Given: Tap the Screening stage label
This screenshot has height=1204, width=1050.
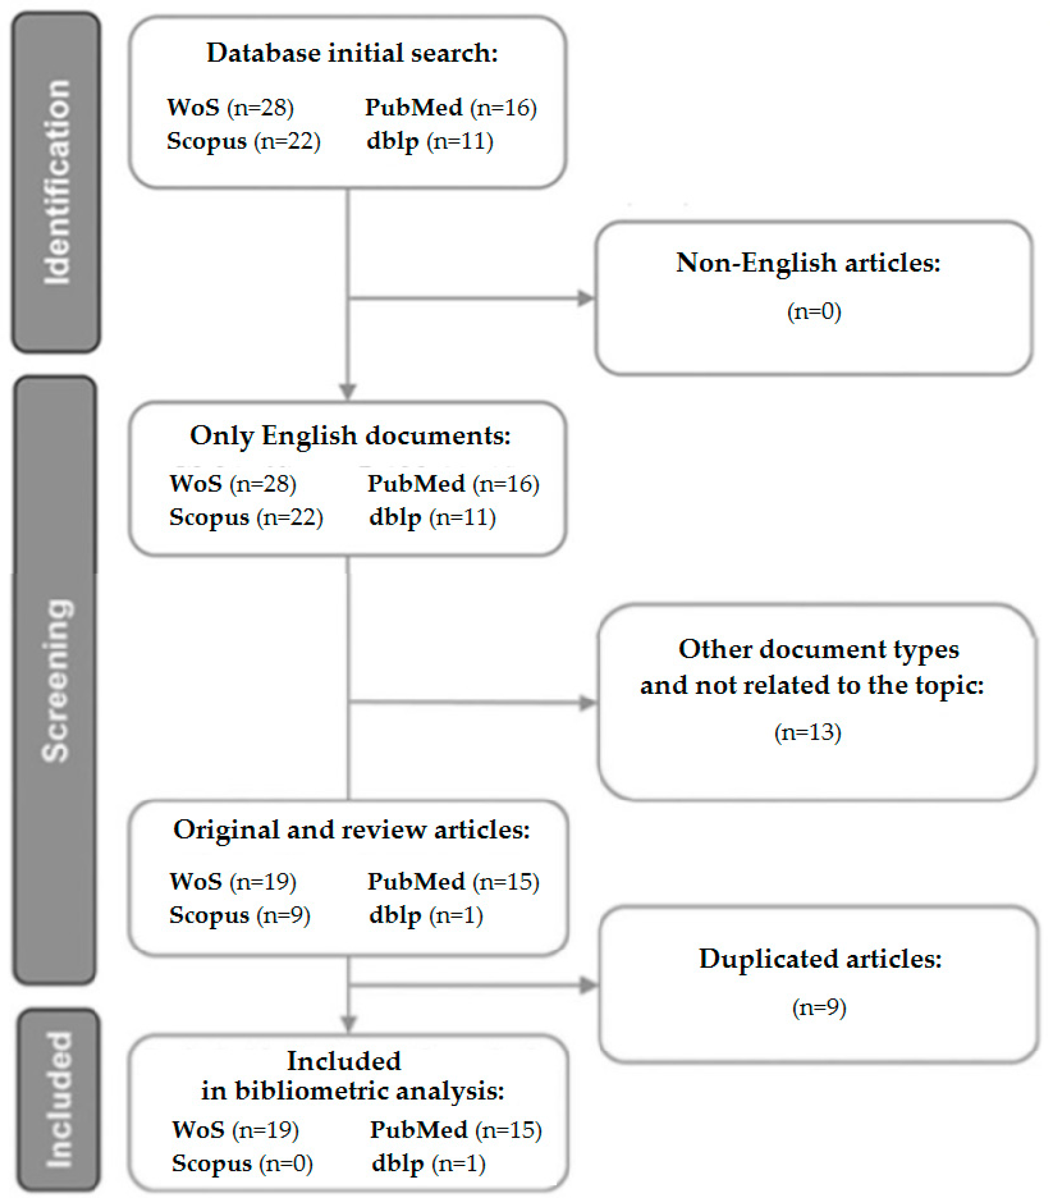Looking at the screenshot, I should point(57,680).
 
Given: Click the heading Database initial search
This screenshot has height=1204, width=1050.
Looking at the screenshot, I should point(351,53).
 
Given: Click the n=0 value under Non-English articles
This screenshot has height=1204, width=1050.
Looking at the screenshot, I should point(814,311).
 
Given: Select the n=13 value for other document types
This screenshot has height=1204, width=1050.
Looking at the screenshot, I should point(808,732).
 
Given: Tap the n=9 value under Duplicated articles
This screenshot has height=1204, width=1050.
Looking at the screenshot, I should point(819,1007).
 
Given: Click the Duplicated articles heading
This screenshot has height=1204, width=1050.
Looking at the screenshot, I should point(820,959).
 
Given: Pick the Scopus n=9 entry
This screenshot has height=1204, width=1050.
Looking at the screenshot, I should point(239,915).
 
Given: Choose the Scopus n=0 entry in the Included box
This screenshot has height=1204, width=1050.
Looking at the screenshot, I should point(242,1163).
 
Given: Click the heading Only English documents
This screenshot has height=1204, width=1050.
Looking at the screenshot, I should point(350,435).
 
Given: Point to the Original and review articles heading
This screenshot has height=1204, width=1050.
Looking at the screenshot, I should point(351,829).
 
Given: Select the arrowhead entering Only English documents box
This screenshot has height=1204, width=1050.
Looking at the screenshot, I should point(348,391).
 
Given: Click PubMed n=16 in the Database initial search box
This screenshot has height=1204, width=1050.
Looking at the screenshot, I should point(450,107).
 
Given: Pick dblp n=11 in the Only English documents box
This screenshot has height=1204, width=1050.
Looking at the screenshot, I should point(432,517).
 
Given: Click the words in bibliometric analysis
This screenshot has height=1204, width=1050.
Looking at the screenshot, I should point(352,1091).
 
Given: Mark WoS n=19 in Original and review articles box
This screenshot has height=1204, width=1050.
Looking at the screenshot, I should point(233,882).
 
